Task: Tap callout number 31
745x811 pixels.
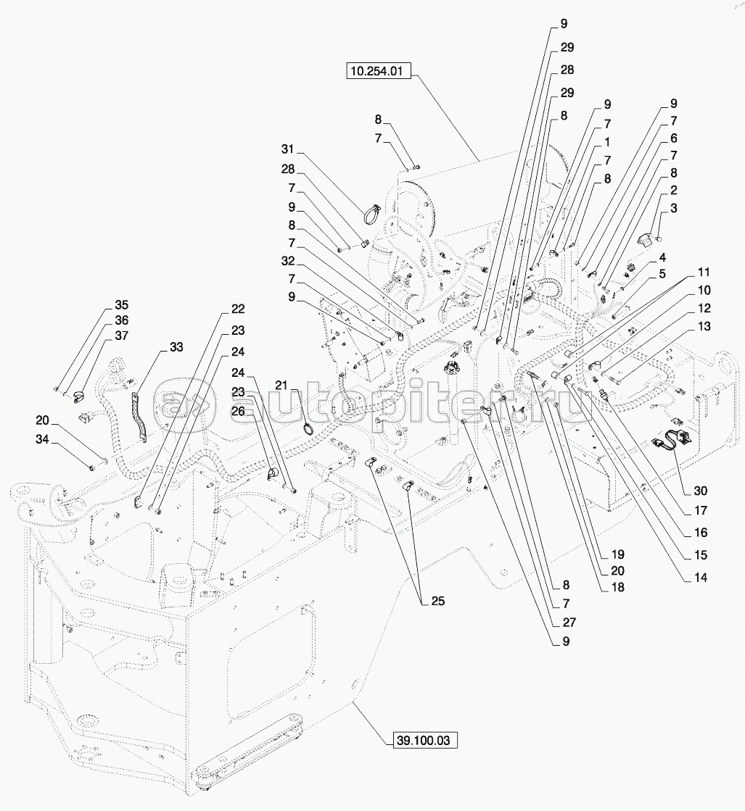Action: pos(287,149)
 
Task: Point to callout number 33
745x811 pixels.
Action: pos(176,346)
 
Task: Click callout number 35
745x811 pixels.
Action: pos(120,304)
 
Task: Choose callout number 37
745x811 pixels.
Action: pos(120,335)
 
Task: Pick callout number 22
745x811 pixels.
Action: pos(238,309)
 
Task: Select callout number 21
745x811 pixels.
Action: pos(281,384)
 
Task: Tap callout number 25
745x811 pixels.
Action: pos(437,602)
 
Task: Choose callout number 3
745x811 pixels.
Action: pos(674,209)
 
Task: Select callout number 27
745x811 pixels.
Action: pos(566,623)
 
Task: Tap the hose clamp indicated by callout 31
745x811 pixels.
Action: pos(372,215)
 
